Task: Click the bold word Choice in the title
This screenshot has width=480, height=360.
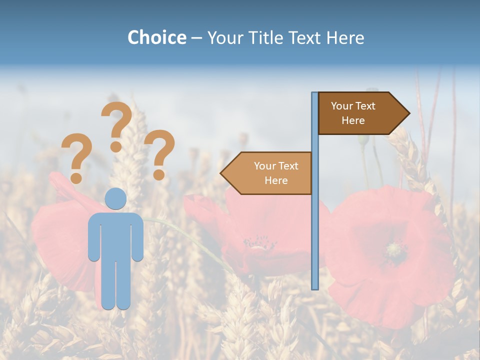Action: (x=156, y=37)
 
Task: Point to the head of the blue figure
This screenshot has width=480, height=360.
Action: (x=115, y=199)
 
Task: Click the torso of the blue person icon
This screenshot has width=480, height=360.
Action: (x=115, y=235)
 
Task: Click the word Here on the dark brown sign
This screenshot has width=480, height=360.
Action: (x=353, y=120)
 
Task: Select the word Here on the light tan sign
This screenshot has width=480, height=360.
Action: (x=276, y=180)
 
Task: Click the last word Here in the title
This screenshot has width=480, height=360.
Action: (x=345, y=37)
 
